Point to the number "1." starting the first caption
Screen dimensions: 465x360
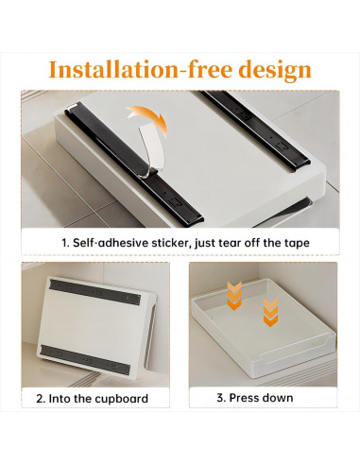66,242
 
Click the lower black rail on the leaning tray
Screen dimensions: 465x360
90,360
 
